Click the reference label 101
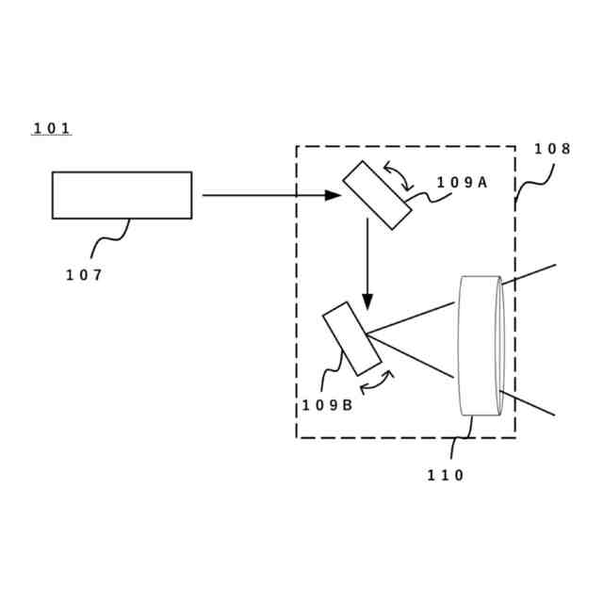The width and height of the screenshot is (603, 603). point(52,128)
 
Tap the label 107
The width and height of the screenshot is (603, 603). point(84,275)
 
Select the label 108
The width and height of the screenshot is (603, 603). point(552,149)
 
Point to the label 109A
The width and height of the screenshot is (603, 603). point(462,183)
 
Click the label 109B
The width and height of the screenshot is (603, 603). point(327,405)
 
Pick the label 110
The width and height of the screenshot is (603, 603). point(446,476)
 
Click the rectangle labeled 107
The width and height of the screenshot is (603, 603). point(122,195)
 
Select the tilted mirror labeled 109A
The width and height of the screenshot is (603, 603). point(376,195)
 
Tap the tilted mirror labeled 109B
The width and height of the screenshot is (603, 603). point(351,338)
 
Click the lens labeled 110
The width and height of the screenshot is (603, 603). point(481,345)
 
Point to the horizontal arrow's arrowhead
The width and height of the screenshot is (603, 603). point(334,195)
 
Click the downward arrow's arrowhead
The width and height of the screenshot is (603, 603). point(367,301)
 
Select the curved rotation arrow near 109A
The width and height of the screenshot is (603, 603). point(397,174)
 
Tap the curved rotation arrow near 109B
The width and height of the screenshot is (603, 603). point(376,381)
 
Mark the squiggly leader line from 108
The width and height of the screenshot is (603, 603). point(533,185)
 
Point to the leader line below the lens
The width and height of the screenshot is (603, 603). point(464,435)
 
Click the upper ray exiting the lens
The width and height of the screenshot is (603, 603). point(529,274)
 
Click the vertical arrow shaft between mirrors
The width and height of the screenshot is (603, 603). point(367,254)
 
